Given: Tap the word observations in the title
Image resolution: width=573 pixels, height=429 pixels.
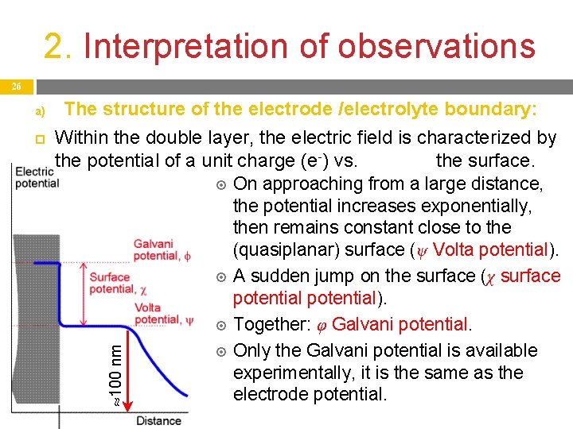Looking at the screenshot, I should pyautogui.click(x=436, y=46).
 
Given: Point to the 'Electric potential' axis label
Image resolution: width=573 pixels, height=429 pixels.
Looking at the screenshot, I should pyautogui.click(x=36, y=176).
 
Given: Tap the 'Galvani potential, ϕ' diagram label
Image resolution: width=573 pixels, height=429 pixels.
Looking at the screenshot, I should pyautogui.click(x=162, y=250).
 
